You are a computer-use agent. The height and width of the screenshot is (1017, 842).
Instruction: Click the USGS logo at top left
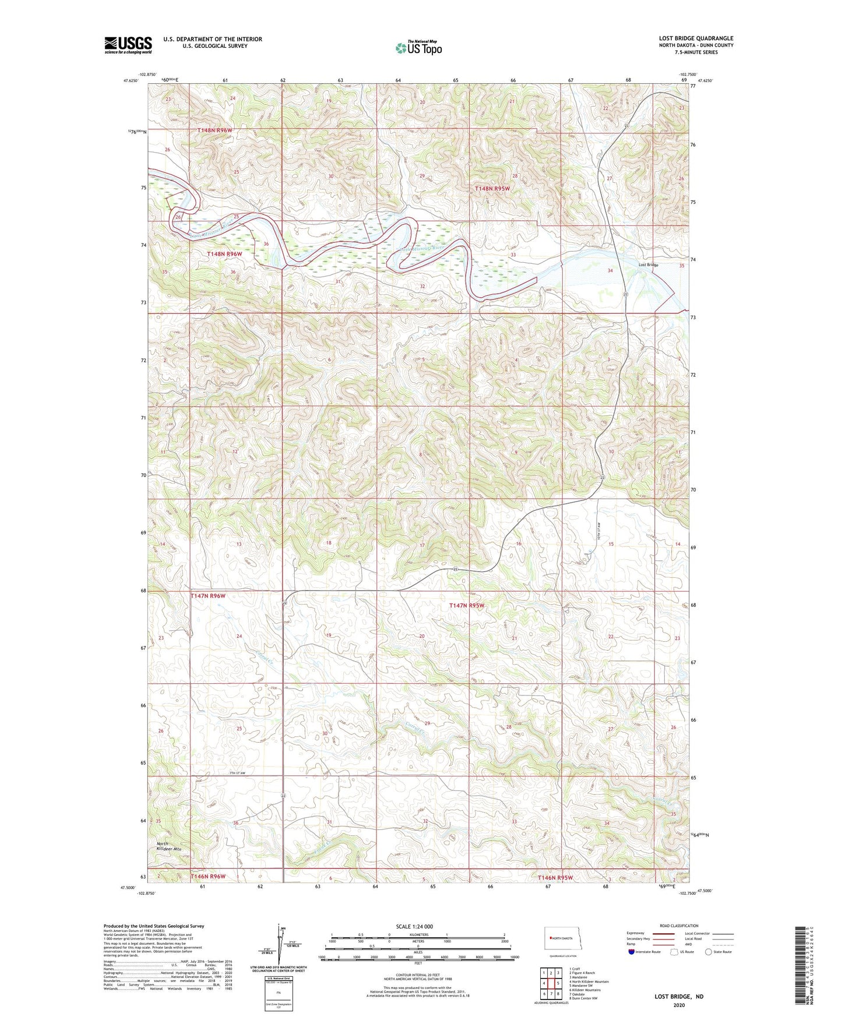[128, 45]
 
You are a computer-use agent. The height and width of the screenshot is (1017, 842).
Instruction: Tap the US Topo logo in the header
[418, 48]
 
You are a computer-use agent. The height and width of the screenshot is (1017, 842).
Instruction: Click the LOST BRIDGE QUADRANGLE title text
[696, 38]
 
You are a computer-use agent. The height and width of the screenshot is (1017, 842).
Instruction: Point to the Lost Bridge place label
[648, 265]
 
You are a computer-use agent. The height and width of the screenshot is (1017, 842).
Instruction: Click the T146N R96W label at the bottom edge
[207, 876]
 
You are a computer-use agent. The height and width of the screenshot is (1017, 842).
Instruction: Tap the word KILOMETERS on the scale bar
[418, 934]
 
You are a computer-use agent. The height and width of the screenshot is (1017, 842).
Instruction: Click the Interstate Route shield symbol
[632, 952]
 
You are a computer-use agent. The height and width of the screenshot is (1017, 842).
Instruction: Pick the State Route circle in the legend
[709, 952]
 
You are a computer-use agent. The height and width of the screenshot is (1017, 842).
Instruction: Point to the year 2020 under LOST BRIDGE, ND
[678, 1005]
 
